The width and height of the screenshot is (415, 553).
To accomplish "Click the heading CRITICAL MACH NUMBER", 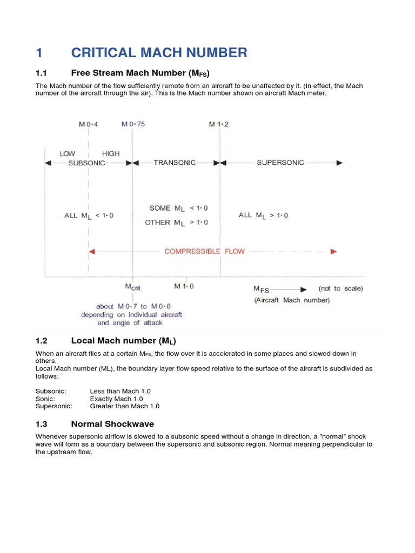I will click(159, 52).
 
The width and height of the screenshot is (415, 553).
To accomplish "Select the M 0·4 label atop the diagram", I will click(89, 124).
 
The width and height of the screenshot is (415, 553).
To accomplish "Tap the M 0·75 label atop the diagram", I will click(133, 124).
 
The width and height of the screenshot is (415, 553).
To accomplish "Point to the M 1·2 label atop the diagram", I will click(219, 124).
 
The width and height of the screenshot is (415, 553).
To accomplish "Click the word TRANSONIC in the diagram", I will click(175, 163).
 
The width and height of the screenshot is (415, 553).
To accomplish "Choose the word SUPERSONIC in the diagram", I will click(280, 163).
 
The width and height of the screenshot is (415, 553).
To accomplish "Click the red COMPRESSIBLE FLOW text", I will click(204, 251).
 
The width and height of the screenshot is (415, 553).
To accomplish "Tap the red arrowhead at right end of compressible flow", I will click(334, 251).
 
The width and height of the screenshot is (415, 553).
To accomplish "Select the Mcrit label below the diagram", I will click(133, 287).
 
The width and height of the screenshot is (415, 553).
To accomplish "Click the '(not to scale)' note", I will click(340, 288).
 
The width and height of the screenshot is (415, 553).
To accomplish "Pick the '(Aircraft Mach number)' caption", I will click(291, 300).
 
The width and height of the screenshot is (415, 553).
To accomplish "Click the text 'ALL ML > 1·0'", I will click(263, 215).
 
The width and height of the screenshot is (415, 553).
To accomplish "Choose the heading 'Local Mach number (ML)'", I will click(124, 341).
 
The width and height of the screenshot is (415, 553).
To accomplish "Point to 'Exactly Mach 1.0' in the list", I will click(116, 399).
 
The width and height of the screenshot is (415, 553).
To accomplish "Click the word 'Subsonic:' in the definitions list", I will click(51, 391).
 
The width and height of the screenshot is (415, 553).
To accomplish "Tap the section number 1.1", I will click(42, 73).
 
